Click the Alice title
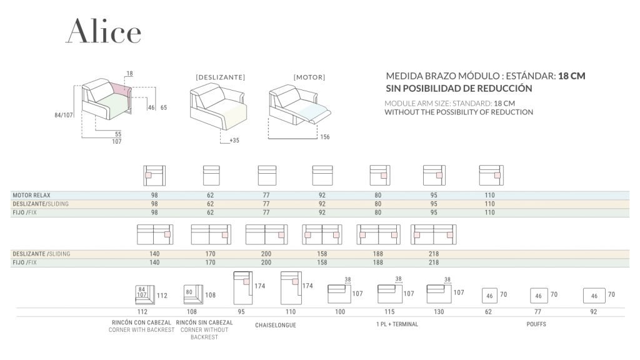103,31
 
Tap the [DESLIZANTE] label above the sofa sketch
220,77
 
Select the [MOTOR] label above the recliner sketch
309,77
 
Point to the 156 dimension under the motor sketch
324,137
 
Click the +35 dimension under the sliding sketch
234,141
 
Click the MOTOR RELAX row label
31,196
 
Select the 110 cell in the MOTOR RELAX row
489,196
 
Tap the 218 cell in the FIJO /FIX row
434,263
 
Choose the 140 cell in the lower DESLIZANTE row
154,254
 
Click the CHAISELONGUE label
276,325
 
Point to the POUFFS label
536,324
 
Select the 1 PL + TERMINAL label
397,324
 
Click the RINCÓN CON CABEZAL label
142,322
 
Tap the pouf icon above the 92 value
594,296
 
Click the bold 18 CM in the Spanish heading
571,76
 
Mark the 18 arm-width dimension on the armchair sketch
129,74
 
